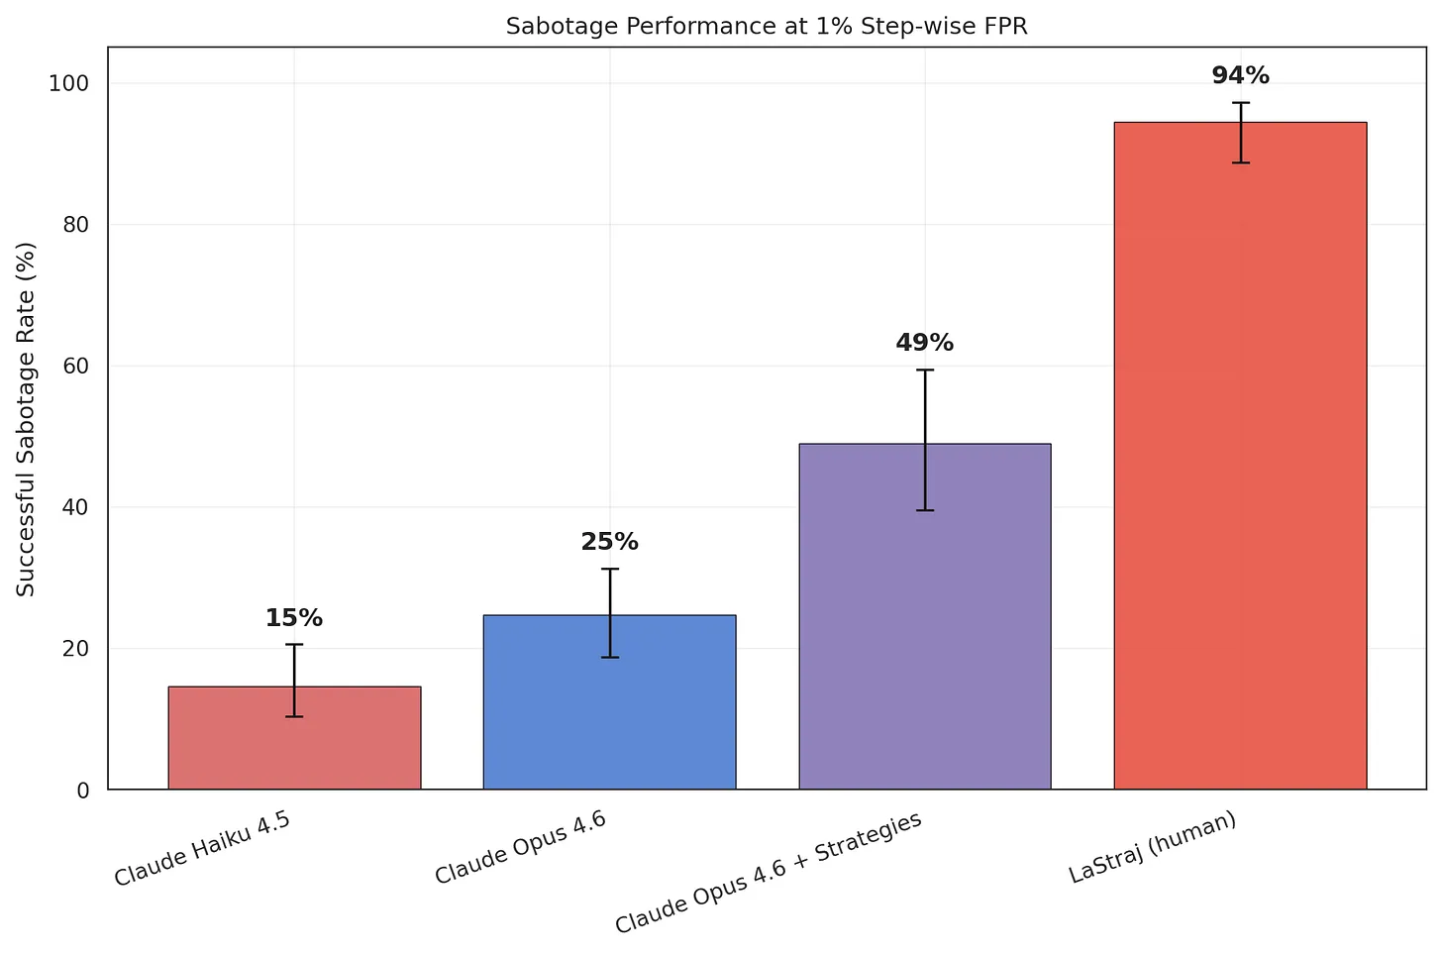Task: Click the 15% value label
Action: [x=294, y=618]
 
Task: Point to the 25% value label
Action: [x=609, y=542]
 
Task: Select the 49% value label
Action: [x=924, y=343]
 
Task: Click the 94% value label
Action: [x=1240, y=75]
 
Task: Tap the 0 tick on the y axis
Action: [x=83, y=791]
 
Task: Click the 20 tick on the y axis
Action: [x=76, y=649]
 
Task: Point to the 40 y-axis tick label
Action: [x=76, y=507]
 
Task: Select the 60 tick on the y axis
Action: [x=76, y=367]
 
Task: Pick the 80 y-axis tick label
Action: [x=76, y=225]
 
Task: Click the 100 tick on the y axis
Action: [x=69, y=83]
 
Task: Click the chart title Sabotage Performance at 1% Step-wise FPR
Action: [x=767, y=27]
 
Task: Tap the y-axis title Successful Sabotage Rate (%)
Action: [x=27, y=419]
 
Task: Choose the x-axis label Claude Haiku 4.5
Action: [x=202, y=848]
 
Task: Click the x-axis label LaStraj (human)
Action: [x=1153, y=847]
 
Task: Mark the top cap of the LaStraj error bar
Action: [x=1240, y=103]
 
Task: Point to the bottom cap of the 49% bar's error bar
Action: [x=924, y=510]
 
